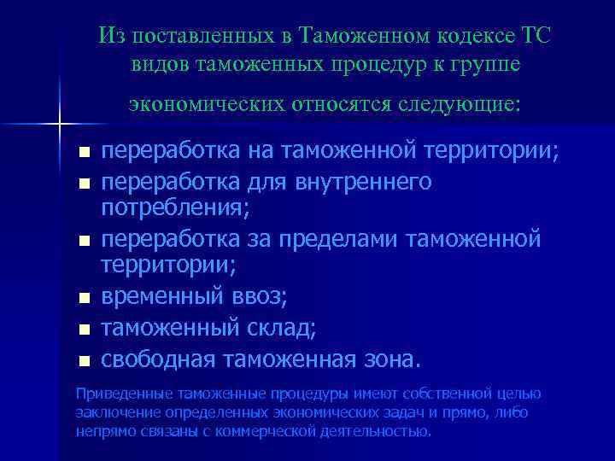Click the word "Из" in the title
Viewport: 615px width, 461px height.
109,37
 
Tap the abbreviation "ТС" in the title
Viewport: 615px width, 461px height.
534,37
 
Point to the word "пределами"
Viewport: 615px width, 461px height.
315,238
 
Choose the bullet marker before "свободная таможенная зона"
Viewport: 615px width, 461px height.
83,360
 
